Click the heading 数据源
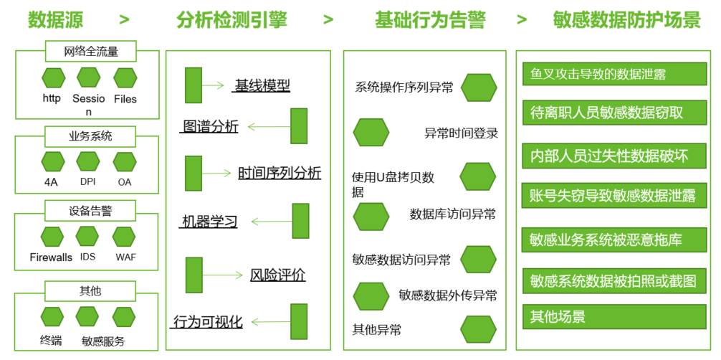tap(55, 19)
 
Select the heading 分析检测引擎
tap(231, 19)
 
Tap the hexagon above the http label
tap(53, 77)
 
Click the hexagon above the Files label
tap(125, 77)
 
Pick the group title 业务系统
tap(90, 135)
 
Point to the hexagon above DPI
tap(87, 161)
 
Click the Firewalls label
tap(51, 257)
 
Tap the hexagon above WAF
tap(124, 236)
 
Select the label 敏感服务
tap(103, 341)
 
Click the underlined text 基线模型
tap(262, 86)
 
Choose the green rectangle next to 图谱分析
tap(299, 126)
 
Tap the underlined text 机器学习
tap(208, 222)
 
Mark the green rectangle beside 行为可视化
tap(299, 321)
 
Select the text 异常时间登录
tap(461, 133)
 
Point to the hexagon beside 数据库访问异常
tap(371, 214)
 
